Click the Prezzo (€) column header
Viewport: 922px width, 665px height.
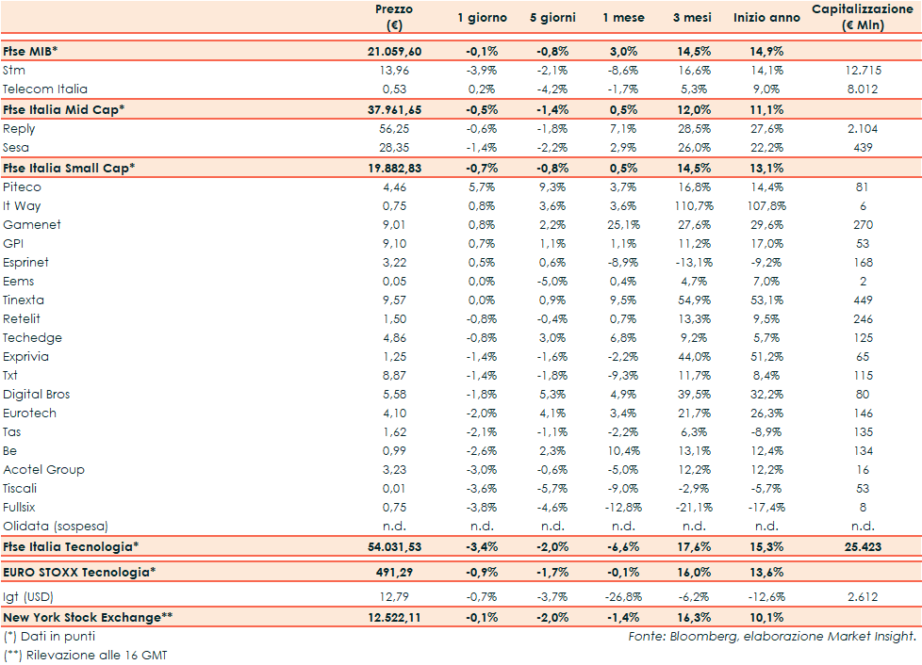(393, 17)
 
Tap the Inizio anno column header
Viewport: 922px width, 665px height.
(766, 18)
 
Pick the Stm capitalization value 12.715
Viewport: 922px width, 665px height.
(864, 71)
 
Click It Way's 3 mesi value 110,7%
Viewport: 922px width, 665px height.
(694, 206)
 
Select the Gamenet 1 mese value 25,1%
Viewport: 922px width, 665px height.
(624, 225)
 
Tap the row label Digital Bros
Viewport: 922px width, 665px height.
(37, 395)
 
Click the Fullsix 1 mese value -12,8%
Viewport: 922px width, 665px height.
(623, 508)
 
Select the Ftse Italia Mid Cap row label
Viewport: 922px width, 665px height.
(64, 109)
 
